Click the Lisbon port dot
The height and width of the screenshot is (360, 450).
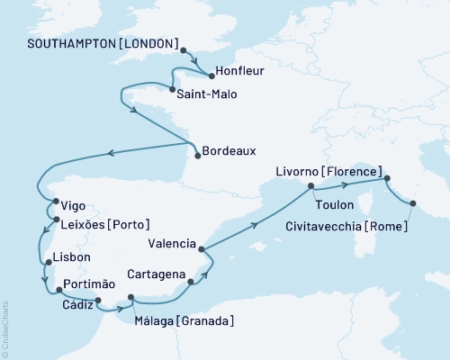pyautogui.click(x=48, y=263)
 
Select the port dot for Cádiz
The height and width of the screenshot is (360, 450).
pyautogui.click(x=98, y=301)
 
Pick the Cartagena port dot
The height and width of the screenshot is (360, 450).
pyautogui.click(x=191, y=283)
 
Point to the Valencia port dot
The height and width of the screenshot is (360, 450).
pyautogui.click(x=200, y=248)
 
